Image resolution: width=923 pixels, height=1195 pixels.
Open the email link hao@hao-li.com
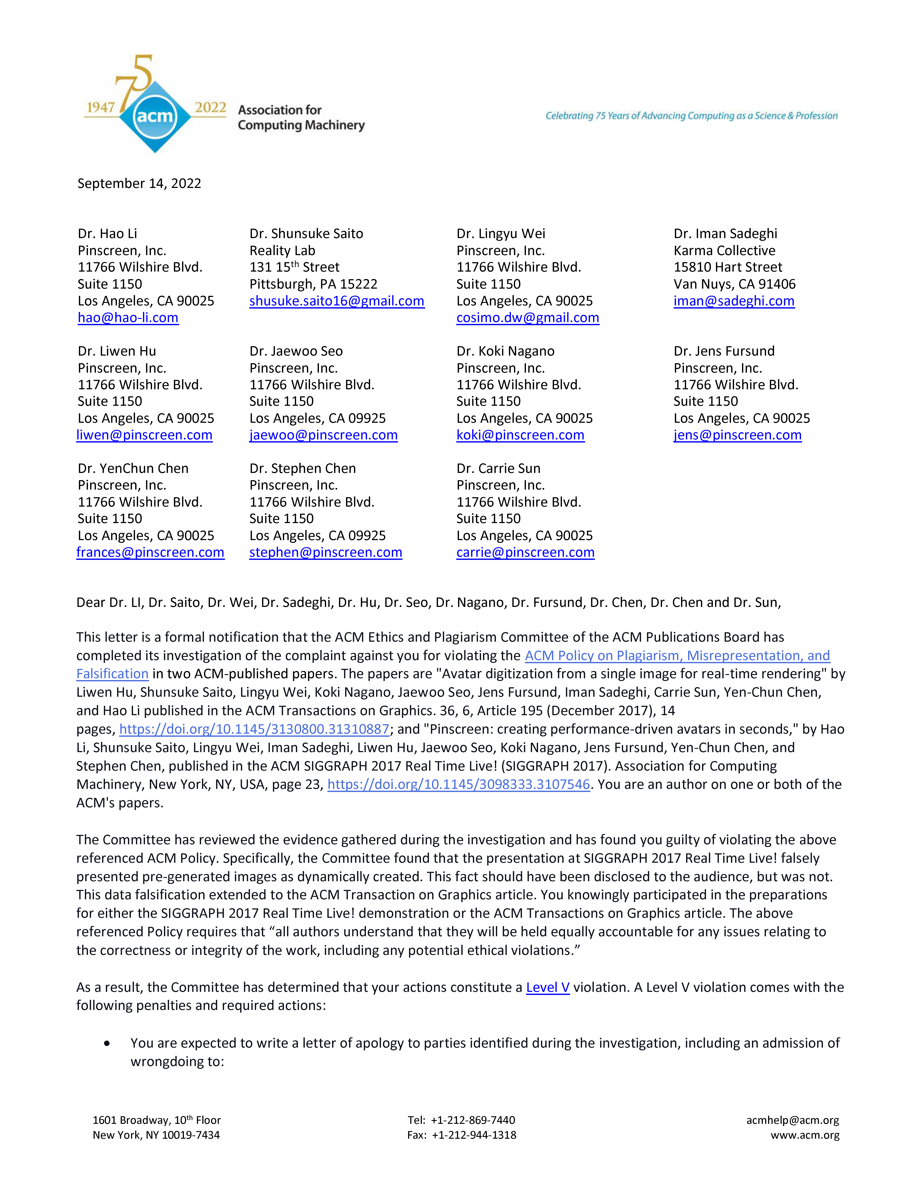click(128, 318)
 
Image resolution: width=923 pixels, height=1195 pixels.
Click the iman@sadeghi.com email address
click(734, 301)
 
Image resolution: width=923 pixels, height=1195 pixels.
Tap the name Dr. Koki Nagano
click(505, 351)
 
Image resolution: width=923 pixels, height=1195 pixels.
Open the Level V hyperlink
click(547, 987)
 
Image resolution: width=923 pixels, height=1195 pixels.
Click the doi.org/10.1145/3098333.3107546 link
click(458, 785)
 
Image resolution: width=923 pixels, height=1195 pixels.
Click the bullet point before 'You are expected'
click(107, 1043)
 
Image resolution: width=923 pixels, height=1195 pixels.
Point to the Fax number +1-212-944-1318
click(473, 1135)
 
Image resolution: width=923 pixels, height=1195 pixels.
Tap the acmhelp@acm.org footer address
click(792, 1120)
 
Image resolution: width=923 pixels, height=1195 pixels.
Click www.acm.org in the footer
click(805, 1135)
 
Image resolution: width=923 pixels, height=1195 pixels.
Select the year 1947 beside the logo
click(101, 107)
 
